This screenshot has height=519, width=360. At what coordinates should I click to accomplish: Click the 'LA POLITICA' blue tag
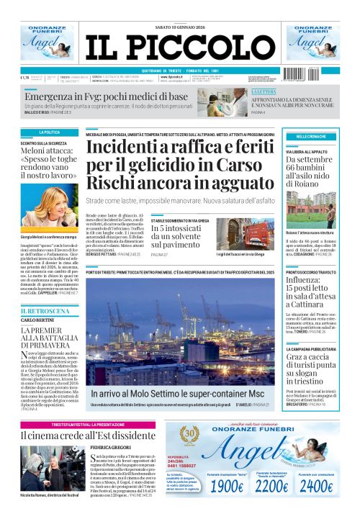coord(50,132)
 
